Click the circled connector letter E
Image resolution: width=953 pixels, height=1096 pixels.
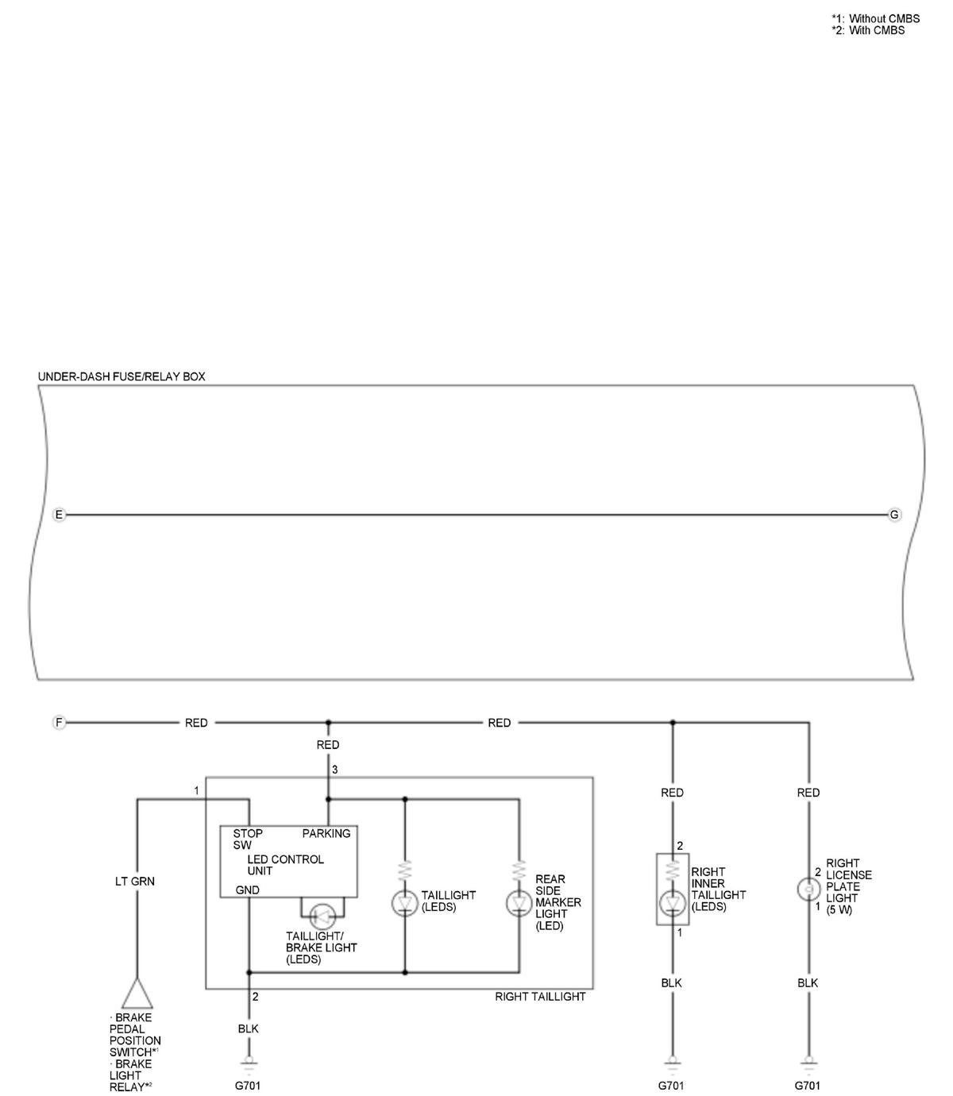pos(59,515)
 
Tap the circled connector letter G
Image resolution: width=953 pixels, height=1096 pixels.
pos(894,515)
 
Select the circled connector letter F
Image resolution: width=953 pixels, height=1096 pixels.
pos(59,723)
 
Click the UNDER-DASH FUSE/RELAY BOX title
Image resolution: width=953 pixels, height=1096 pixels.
pos(122,376)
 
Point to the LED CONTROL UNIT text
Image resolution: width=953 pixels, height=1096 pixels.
pos(286,865)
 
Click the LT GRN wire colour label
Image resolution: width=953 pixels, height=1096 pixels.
pos(135,882)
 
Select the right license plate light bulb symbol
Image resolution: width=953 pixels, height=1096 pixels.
pos(808,890)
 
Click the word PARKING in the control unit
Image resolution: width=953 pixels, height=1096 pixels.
pos(326,834)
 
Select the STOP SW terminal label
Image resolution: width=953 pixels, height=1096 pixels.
pos(248,839)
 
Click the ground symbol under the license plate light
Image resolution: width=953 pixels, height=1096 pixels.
pos(809,1061)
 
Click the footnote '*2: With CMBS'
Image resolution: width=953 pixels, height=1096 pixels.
pos(868,30)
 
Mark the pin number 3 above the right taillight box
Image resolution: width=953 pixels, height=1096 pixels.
pos(335,770)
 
